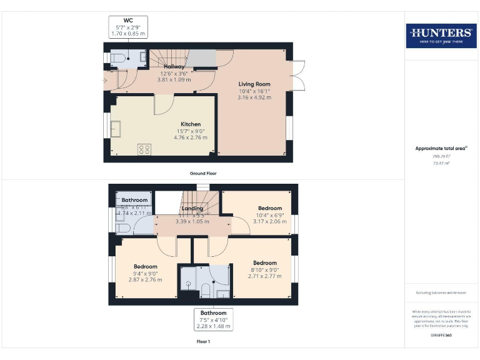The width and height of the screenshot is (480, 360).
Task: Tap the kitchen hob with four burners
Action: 144,149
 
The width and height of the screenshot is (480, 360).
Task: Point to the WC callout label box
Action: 128,27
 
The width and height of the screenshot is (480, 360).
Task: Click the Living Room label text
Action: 254,83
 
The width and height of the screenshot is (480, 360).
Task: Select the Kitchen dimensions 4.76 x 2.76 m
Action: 191,137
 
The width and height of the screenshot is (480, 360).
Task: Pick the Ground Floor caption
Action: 202,172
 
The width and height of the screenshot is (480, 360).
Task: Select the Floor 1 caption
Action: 202,341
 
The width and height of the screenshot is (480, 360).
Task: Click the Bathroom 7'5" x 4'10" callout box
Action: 213,319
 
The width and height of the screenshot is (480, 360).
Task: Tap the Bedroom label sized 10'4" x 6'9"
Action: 270,208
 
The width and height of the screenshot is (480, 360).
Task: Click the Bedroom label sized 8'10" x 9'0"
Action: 265,263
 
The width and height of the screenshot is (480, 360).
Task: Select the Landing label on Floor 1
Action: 192,208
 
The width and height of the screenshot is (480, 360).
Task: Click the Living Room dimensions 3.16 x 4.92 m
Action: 254,97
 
